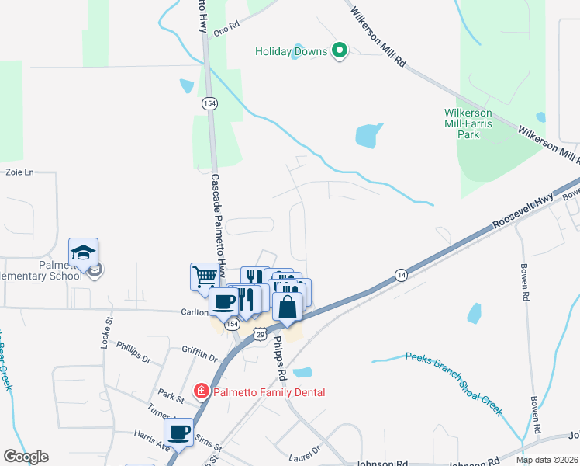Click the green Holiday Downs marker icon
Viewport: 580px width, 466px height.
coord(339,51)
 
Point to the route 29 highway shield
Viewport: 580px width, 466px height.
coord(261,333)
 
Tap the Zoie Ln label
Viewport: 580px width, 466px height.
coord(21,172)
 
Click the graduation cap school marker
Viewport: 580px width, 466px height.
coord(83,252)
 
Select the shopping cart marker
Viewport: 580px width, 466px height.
coord(205,276)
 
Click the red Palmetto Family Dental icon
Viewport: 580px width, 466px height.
coord(202,391)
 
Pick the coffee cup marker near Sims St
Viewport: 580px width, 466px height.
coord(178,432)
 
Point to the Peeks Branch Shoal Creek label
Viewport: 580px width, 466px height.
coord(454,384)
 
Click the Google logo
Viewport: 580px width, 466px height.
coord(26,457)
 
